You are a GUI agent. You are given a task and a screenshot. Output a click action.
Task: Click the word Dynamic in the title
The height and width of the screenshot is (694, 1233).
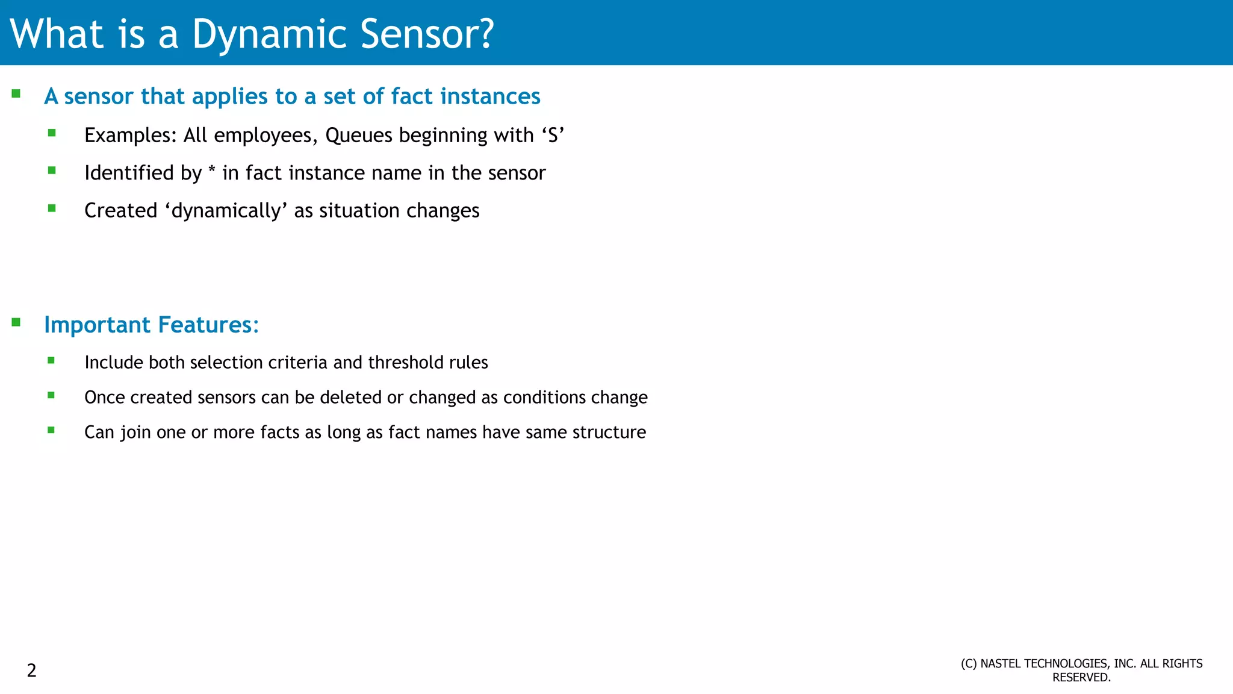click(269, 34)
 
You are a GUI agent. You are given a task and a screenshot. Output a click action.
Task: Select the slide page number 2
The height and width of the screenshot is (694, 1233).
click(32, 671)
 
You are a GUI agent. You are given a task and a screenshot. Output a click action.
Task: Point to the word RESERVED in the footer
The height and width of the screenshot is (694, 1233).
click(1081, 678)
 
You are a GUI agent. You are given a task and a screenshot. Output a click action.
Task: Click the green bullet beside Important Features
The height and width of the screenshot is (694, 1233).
click(16, 322)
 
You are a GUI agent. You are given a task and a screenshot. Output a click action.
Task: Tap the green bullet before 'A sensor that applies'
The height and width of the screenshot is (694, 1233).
click(16, 94)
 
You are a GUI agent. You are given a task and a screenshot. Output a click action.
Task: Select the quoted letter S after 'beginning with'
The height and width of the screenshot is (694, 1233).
click(553, 136)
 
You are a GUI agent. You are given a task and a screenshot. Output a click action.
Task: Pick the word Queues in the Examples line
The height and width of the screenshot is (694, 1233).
click(359, 136)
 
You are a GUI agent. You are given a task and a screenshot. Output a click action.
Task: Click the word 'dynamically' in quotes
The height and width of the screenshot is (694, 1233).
click(226, 211)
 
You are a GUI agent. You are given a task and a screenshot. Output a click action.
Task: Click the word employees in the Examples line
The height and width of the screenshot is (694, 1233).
click(262, 136)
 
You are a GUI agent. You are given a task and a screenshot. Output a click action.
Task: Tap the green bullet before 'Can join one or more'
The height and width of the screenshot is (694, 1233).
click(51, 430)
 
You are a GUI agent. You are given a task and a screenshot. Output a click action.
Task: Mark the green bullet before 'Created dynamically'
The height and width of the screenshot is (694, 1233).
click(52, 208)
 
